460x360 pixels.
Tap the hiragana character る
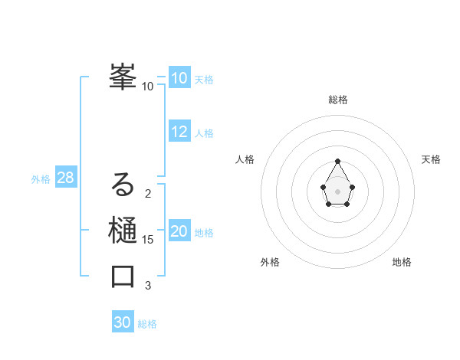coord(123,185)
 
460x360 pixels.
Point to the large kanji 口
coord(123,277)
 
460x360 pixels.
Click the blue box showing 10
coord(179,78)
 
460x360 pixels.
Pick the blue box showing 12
coord(179,132)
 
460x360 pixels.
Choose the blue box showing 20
coord(179,231)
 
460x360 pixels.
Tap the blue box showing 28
coord(66,178)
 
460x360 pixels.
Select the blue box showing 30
coord(123,322)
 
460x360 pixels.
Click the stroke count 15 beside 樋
coord(148,240)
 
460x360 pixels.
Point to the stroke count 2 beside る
coord(148,194)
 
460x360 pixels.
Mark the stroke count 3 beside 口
coord(148,286)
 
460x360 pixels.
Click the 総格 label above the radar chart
coord(338,100)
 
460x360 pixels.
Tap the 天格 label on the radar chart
coord(431,159)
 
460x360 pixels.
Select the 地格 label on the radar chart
coord(402,262)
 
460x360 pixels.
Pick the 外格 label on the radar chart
coord(270,262)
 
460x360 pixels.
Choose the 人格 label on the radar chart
coord(245,159)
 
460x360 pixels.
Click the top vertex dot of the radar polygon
coord(338,161)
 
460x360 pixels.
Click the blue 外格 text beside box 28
coord(41,179)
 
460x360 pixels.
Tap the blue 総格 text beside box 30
coord(147,324)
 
